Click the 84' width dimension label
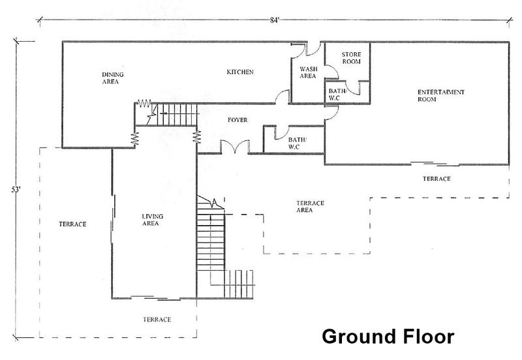point(274,20)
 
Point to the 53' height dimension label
point(16,190)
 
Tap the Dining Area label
point(112,78)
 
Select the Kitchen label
point(240,72)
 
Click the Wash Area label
point(308,72)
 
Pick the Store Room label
point(351,58)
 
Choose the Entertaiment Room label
point(441,95)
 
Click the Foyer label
point(238,120)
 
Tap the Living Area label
point(153,220)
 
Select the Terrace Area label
point(310,207)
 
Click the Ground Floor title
point(388,337)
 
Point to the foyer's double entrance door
point(235,147)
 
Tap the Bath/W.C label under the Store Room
point(337,95)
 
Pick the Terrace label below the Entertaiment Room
point(437,179)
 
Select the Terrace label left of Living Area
point(72,224)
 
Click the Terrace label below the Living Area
point(157,320)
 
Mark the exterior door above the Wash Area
point(314,48)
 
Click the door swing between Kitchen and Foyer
point(283,97)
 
